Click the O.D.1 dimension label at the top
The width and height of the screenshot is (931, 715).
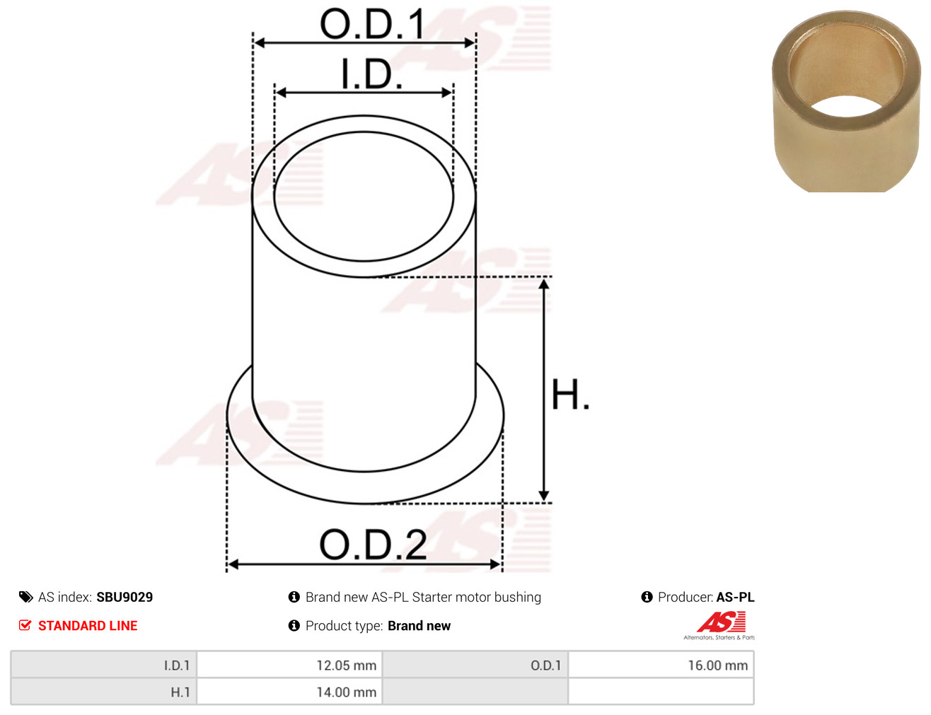pyautogui.click(x=372, y=24)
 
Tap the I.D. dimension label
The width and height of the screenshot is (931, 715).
pyautogui.click(x=371, y=74)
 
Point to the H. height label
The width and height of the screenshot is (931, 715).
pyautogui.click(x=569, y=394)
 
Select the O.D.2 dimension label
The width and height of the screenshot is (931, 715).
pyautogui.click(x=373, y=544)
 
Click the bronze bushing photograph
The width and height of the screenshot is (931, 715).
pyautogui.click(x=846, y=101)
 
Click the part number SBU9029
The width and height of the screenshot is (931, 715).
pyautogui.click(x=125, y=597)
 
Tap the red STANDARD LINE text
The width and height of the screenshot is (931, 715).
pyautogui.click(x=88, y=625)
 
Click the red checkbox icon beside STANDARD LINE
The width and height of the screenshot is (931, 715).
pyautogui.click(x=25, y=625)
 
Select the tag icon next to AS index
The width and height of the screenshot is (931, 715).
pyautogui.click(x=25, y=597)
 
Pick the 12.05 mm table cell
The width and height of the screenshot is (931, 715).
pyautogui.click(x=289, y=665)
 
